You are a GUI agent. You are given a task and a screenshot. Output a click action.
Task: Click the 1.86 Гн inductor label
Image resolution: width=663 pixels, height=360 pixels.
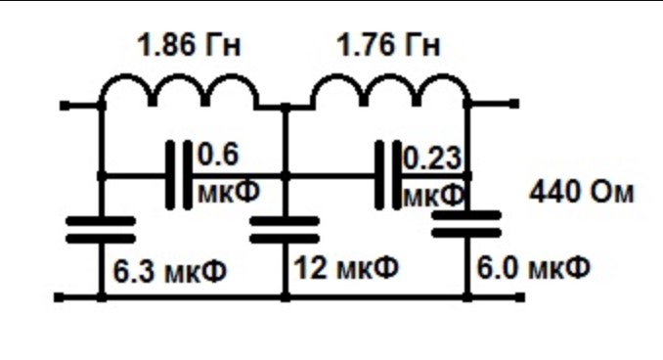pos(189,45)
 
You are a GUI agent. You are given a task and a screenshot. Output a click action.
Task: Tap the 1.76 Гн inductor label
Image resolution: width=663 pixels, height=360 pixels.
pos(388,45)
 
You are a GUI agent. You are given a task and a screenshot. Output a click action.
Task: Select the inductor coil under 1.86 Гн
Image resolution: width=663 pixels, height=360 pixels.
pos(180,90)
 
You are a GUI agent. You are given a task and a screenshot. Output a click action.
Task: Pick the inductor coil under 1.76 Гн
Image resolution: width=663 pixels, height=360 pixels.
pos(390,90)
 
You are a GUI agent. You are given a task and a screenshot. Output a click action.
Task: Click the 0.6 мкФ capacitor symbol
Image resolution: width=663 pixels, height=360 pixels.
pos(178,175)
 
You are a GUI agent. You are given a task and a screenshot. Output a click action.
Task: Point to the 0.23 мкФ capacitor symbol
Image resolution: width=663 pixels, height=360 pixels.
pos(388,175)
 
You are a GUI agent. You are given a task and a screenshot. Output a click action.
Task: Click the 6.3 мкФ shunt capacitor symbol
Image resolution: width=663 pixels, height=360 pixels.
pos(101,230)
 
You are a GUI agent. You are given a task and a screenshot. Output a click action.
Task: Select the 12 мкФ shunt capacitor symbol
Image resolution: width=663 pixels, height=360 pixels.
pos(285,230)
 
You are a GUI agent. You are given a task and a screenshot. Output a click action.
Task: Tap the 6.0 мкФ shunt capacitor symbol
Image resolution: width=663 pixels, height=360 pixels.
pos(466,224)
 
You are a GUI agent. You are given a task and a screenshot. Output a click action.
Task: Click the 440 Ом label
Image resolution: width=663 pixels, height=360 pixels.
pos(582,193)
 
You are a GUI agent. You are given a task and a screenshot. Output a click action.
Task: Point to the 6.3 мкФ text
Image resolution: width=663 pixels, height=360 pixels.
pos(170,271)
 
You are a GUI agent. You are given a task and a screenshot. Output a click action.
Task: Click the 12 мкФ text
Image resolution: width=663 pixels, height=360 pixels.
pos(346,268)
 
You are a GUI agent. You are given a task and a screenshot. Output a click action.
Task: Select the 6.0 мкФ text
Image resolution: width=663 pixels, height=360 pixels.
pos(533,268)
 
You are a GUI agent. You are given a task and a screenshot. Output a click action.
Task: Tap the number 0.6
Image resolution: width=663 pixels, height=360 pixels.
pos(218,155)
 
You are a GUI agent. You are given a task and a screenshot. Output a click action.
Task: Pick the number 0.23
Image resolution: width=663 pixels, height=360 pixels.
pos(432,157)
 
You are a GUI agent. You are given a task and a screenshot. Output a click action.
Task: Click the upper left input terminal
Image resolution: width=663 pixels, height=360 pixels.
pos(65,106)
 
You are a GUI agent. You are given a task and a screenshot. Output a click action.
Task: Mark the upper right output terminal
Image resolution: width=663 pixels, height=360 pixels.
pos(513,104)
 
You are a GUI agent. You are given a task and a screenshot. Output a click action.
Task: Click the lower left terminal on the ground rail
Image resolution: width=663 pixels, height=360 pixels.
pos(60,297)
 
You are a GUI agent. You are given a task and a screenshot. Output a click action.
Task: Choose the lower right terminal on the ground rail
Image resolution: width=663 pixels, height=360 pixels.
pos(520,297)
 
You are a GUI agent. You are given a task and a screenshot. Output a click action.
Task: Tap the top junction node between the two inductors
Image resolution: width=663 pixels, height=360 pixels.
pos(286,108)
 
